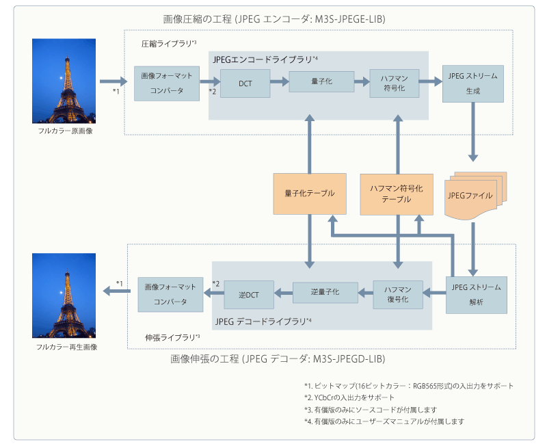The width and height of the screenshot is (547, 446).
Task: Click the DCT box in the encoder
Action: (x=245, y=83)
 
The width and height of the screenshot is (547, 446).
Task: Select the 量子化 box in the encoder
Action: (x=321, y=81)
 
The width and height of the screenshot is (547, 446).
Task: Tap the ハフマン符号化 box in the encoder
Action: (x=394, y=83)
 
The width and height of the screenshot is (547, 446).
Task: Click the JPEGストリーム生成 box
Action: (x=473, y=83)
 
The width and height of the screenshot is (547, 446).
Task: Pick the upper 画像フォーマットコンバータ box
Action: (x=162, y=82)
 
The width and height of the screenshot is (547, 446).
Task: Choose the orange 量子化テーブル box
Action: (x=310, y=194)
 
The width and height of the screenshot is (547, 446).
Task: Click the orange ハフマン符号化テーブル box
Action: (x=396, y=194)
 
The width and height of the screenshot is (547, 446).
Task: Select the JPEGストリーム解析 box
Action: (x=477, y=294)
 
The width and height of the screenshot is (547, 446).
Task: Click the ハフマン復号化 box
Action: (x=398, y=294)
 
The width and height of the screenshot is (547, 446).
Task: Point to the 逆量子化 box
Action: (x=325, y=293)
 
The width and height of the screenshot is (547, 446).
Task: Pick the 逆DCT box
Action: (x=249, y=294)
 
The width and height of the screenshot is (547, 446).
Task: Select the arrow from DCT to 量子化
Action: (x=279, y=81)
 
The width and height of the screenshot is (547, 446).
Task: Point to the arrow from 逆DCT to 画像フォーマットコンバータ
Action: (x=214, y=294)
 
